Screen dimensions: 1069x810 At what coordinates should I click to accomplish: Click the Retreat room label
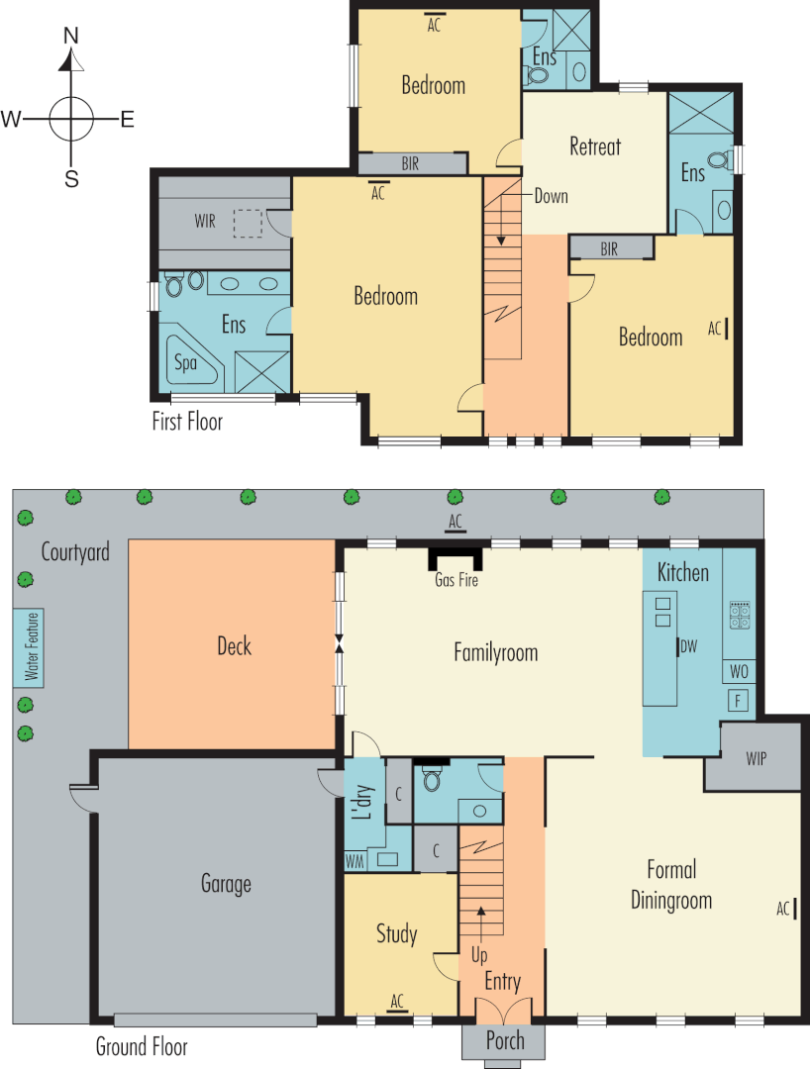[595, 147]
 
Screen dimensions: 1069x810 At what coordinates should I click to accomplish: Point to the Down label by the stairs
[551, 196]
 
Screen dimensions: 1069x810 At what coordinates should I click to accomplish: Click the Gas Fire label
[456, 580]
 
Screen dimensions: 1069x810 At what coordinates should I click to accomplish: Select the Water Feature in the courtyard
[31, 647]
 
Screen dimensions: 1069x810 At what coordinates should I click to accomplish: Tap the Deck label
[234, 647]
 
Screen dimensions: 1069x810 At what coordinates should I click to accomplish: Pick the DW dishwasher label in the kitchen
[690, 647]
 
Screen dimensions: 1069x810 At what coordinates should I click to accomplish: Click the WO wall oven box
[739, 672]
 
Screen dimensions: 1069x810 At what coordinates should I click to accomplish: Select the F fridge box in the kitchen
[738, 702]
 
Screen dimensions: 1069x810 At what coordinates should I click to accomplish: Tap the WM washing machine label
[354, 861]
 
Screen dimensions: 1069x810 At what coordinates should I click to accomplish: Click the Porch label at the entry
[505, 1041]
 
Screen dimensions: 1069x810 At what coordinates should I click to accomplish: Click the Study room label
[396, 933]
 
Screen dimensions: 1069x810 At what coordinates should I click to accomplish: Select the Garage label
[226, 884]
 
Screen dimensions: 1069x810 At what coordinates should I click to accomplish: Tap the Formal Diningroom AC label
[783, 908]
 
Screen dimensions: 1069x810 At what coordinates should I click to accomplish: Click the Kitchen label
[683, 572]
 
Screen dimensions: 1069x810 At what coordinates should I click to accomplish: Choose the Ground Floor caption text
[141, 1046]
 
